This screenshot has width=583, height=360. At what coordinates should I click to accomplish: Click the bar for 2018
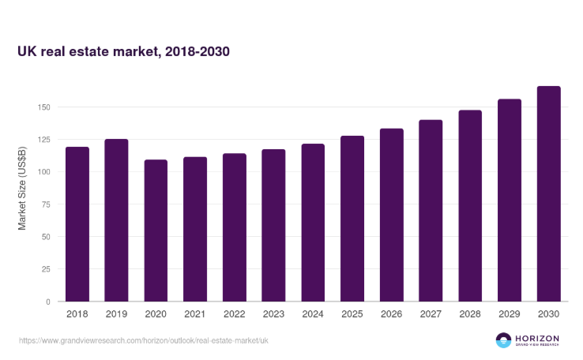pos(77,224)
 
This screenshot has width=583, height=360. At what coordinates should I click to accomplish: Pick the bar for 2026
pos(392,215)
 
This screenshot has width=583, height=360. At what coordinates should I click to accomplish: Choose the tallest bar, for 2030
pos(548,193)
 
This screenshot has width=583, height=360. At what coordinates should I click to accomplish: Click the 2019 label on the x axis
pos(116,313)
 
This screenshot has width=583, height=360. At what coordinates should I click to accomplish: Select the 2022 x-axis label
pos(235,313)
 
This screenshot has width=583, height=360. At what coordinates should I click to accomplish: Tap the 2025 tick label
pos(352,313)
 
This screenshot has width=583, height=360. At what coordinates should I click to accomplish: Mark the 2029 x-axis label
pos(510,313)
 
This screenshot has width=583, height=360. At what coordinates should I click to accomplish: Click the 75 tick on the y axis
pos(45,204)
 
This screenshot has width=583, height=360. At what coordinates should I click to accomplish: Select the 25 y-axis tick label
pos(45,269)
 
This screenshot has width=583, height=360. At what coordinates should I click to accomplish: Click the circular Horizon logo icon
pos(503,340)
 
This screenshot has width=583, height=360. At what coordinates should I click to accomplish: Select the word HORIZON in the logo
pos(538,337)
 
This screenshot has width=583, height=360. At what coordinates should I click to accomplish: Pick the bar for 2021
pos(195,229)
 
